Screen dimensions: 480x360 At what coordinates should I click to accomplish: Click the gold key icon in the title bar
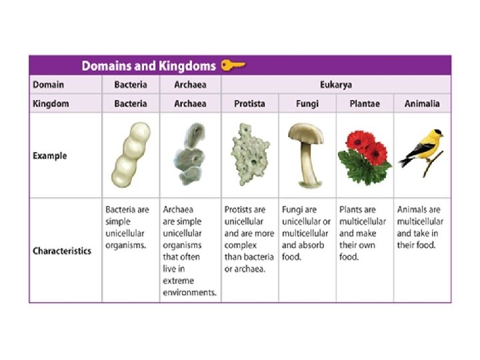coord(233,65)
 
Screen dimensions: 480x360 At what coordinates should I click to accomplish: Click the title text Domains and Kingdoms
coord(148,66)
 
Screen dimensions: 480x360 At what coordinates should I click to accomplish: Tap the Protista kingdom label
coord(249,104)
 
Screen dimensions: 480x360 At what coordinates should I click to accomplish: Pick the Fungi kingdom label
coord(307,104)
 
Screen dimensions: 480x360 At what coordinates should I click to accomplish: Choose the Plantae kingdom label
coord(364,104)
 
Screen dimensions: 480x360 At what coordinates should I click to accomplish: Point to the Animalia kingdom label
coord(422,104)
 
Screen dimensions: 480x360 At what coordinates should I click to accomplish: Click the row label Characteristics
coord(62,251)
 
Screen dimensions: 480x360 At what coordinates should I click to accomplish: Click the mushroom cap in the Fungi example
coord(307,133)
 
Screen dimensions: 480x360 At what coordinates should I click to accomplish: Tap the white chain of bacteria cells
coord(130,155)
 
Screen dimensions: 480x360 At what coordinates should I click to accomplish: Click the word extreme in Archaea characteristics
coord(178,281)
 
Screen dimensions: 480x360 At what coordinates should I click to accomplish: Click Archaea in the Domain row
coord(189,85)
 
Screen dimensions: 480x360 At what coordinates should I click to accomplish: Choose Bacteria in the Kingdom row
coord(131,104)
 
